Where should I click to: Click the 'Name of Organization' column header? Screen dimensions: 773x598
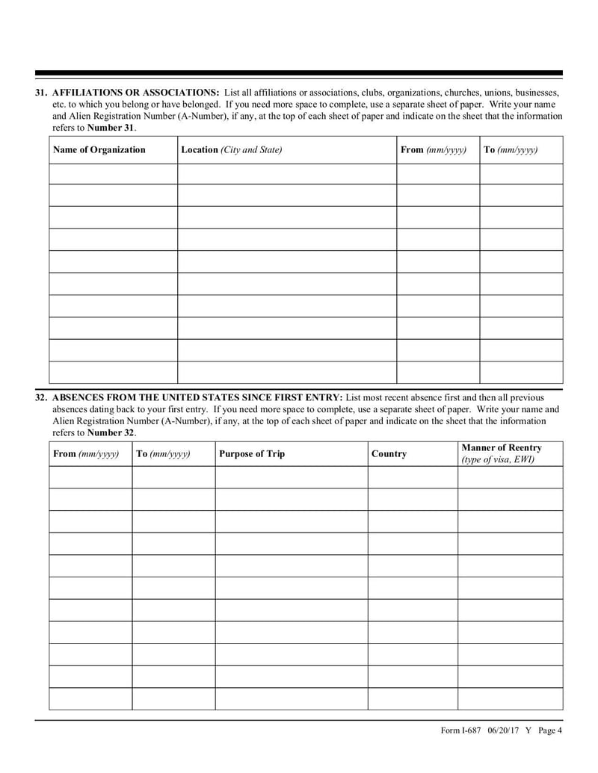99,150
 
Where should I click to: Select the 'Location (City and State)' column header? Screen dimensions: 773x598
232,150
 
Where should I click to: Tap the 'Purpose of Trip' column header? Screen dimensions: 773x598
252,454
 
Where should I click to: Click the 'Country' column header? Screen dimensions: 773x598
389,454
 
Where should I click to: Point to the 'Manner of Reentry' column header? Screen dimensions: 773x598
502,448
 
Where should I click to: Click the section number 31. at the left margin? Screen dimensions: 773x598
42,93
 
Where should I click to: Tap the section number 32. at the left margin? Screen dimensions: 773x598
42,397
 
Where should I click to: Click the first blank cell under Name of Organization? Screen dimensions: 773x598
113,173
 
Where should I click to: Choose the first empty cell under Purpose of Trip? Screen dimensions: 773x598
291,477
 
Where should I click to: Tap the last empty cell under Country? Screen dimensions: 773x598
412,699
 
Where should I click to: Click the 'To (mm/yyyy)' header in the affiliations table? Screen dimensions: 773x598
511,150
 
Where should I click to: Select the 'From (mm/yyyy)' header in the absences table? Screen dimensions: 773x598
86,454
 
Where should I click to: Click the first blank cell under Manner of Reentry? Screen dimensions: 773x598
510,477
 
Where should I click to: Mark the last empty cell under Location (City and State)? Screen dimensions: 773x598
286,373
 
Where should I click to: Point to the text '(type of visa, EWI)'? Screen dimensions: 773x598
498,460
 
